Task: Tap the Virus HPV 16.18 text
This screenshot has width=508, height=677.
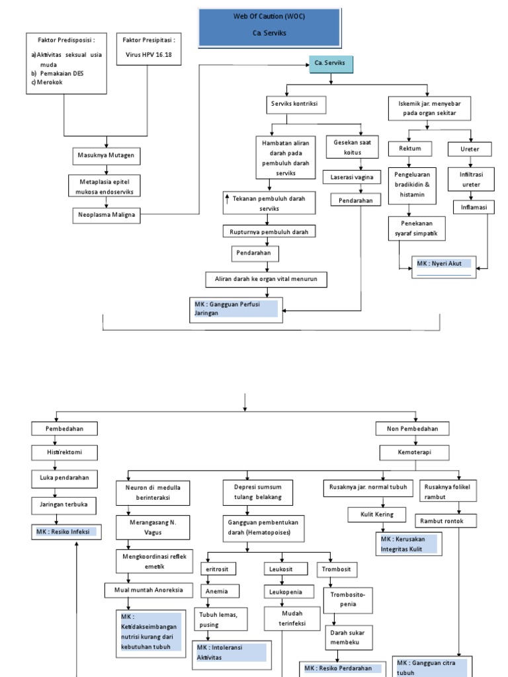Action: pos(149,56)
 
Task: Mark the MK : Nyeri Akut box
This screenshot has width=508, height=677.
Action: pos(443,266)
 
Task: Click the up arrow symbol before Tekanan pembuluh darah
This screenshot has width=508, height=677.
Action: pos(227,198)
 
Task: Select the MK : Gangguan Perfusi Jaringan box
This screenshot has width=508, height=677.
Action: pos(235,309)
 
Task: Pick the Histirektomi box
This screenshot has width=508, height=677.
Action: pos(66,452)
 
